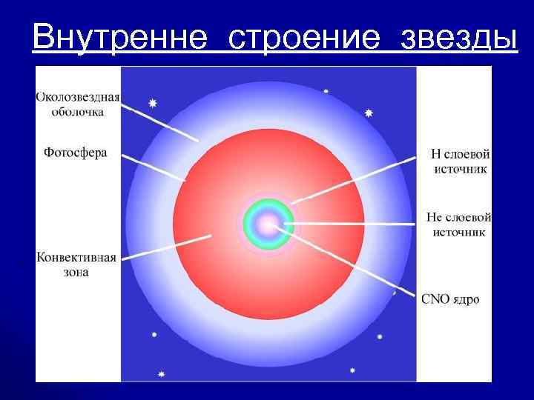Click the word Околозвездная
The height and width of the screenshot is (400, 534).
coord(78,98)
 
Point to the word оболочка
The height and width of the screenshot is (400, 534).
coord(78,113)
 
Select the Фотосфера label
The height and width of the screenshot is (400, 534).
coord(75,153)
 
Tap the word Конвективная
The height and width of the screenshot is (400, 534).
coord(76,258)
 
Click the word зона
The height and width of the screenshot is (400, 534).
coord(75,272)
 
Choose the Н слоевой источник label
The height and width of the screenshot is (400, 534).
coord(460,161)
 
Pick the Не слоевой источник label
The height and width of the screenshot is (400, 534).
coord(458,224)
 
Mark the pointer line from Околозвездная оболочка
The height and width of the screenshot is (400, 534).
coord(159,122)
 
